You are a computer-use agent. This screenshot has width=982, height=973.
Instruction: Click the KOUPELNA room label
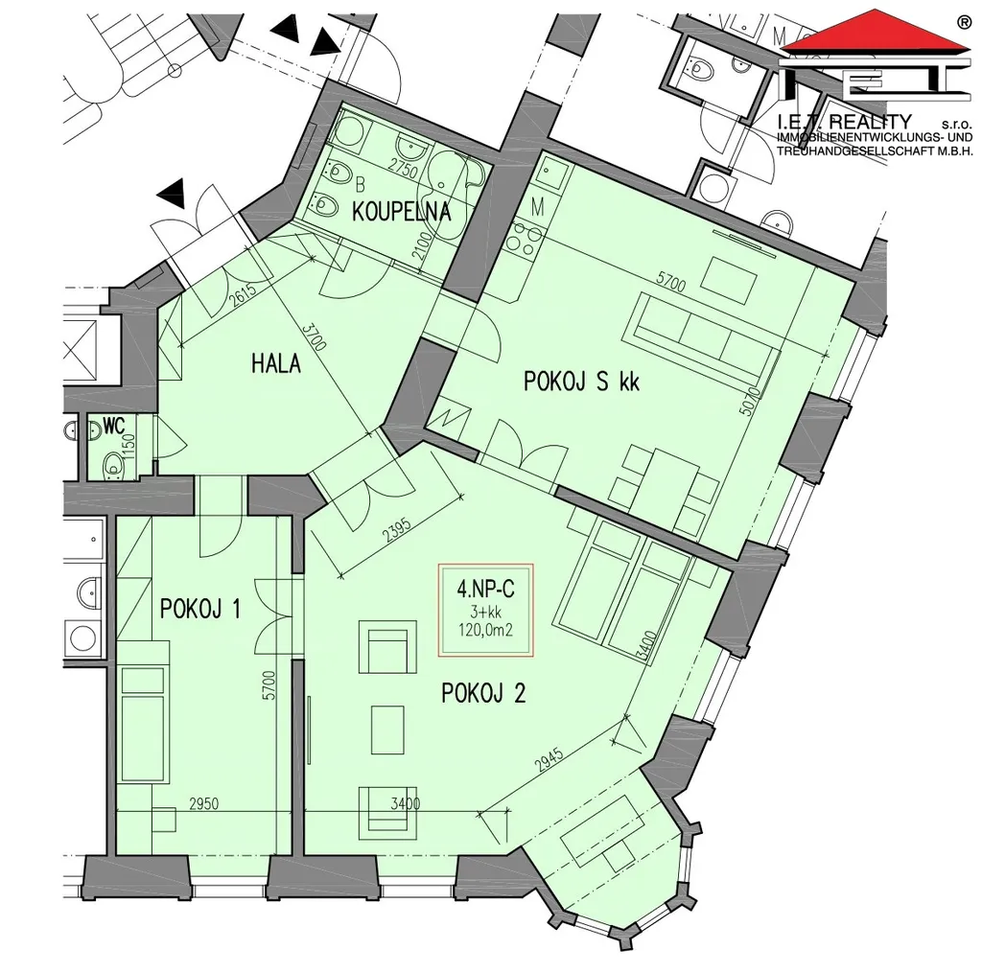point(402,212)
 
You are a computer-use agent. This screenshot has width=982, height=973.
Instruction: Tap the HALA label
point(275,363)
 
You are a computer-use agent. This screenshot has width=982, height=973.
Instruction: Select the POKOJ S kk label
point(581,382)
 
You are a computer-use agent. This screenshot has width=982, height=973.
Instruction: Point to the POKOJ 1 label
point(199,609)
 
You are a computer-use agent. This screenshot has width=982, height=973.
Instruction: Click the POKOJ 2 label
point(483,693)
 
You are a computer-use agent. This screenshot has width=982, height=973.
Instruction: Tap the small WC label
point(114,427)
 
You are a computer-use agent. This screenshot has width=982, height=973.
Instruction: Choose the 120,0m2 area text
point(485,630)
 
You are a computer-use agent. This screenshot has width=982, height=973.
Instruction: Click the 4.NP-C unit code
point(485,590)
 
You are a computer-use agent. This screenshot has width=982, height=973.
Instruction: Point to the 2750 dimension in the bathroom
point(402,169)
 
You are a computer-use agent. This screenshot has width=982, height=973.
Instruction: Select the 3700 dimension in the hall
point(315,336)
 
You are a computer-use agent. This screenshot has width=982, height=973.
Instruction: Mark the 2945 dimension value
point(549,761)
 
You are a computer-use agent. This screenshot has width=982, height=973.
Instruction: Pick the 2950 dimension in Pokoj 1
point(204,803)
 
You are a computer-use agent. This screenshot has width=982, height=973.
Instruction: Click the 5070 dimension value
point(749,401)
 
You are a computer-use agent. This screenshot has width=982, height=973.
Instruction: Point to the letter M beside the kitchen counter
point(537,207)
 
